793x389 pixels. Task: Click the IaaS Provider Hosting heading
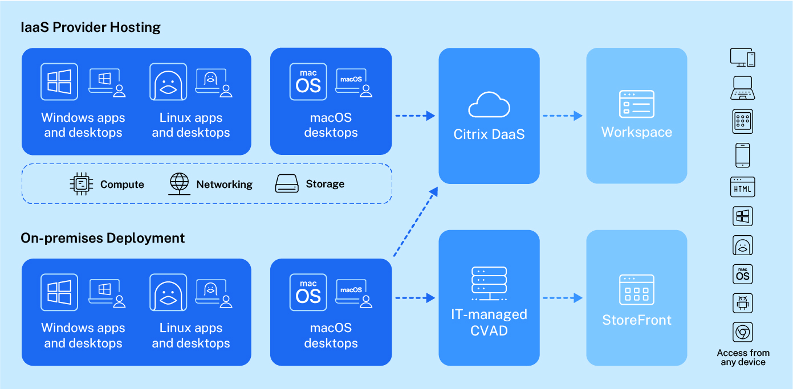[x=91, y=27]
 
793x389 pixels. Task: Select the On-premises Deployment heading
[x=103, y=238]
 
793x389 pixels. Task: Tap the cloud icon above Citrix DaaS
[x=489, y=104]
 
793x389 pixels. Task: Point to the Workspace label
[x=636, y=132]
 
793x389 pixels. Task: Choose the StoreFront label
[x=637, y=320]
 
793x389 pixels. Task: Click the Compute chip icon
[x=80, y=183]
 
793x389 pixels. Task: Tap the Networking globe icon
[x=179, y=183]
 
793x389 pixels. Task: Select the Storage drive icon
[x=287, y=183]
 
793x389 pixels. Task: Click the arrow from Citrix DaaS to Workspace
[x=562, y=116]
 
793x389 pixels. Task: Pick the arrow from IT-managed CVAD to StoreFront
[x=562, y=297]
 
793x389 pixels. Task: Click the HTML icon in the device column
[x=742, y=187]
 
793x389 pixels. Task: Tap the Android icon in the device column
[x=742, y=303]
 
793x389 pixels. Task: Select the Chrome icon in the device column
[x=742, y=332]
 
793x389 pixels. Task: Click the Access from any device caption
[x=743, y=358]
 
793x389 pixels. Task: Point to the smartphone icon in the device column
[x=742, y=155]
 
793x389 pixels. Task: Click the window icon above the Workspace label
[x=636, y=104]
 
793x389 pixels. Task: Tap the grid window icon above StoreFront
[x=636, y=290]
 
